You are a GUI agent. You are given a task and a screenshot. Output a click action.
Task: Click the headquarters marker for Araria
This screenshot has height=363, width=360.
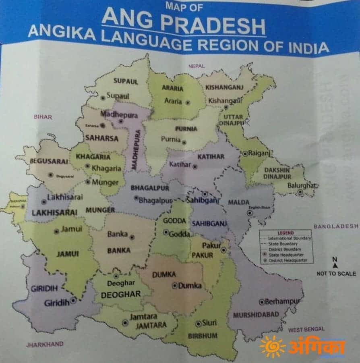(188, 102)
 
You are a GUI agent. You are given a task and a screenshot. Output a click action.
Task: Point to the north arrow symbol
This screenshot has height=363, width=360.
(335, 266)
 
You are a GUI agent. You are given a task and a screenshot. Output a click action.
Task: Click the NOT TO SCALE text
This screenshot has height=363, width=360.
(336, 274)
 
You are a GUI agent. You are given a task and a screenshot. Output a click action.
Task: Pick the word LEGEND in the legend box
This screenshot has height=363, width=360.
(286, 233)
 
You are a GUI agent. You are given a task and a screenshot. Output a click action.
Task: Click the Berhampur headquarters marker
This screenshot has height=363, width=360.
(261, 302)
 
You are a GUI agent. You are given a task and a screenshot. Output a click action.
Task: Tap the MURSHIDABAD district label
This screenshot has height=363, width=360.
(256, 315)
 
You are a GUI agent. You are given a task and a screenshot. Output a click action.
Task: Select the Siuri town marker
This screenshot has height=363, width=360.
(198, 323)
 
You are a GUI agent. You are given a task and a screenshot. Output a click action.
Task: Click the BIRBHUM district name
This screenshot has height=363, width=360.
(203, 336)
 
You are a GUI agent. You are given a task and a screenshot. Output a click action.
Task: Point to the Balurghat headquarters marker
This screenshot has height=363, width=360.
(300, 192)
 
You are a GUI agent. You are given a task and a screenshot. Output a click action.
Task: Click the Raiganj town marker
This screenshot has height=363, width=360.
(245, 153)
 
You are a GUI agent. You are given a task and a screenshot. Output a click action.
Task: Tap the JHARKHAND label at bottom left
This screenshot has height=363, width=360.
(45, 344)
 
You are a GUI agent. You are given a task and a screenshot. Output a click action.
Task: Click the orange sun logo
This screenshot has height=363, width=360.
(272, 346)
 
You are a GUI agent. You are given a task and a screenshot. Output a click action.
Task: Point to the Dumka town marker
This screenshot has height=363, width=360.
(174, 285)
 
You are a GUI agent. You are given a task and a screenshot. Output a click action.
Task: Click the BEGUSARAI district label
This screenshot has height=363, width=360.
(49, 161)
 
